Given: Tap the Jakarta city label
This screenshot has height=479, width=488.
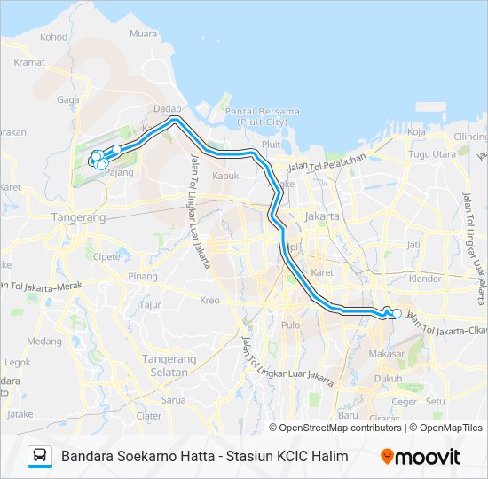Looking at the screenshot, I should tap(321, 216).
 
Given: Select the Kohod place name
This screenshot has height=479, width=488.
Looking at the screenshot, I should tap(53, 37).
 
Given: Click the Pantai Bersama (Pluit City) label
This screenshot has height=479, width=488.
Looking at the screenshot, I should tap(262, 116).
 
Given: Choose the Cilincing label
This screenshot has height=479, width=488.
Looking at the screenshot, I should tap(470, 137).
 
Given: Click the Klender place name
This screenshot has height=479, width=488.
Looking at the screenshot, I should tap(424, 279).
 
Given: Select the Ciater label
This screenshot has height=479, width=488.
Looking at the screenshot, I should tap(149, 415).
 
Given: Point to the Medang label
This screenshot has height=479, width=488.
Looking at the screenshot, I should tap(44, 341).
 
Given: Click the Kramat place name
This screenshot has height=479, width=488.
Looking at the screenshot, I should tap(29, 62).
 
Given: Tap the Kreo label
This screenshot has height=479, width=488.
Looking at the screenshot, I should tap(209, 301).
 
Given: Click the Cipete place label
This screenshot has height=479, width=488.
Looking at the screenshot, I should tap(106, 255).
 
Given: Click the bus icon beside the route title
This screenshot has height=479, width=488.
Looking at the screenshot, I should tap(40, 456).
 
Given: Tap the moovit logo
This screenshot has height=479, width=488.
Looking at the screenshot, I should tap(420, 457).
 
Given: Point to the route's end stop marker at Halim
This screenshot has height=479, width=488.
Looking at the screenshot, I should tap(397, 313).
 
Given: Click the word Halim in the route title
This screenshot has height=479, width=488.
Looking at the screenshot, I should tap(328, 457).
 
